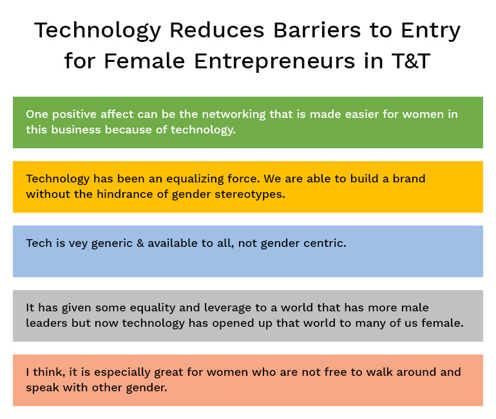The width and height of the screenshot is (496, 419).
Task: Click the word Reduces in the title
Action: (x=217, y=30)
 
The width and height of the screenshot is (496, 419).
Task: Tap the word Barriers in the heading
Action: (x=317, y=30)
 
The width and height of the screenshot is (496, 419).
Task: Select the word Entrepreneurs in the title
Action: (x=274, y=61)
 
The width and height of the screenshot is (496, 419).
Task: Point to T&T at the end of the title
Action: (x=411, y=61)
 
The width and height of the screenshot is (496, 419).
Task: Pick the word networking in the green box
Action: (x=234, y=115)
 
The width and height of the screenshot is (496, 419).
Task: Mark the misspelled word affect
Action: (x=117, y=114)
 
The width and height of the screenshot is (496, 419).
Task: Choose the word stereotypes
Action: (x=250, y=195)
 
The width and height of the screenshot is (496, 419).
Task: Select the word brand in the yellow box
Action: (x=409, y=179)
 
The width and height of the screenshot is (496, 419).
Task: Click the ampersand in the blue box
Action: (x=140, y=243)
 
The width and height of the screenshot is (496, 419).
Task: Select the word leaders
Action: (x=46, y=323)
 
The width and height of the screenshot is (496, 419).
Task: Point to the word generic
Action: (x=112, y=244)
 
